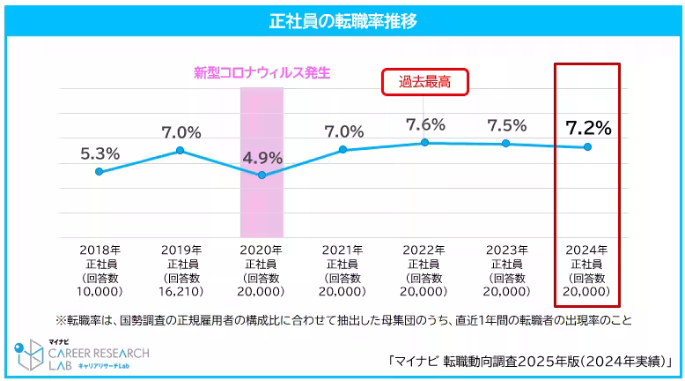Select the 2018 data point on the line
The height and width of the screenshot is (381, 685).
click(x=99, y=171)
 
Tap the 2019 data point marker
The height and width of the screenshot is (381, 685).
click(x=180, y=151)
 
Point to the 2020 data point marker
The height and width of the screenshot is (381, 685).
click(x=261, y=176)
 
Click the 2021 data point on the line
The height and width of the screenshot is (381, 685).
click(x=343, y=150)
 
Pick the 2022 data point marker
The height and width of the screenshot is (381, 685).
click(x=424, y=142)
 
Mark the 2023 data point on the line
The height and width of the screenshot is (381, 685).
click(x=506, y=143)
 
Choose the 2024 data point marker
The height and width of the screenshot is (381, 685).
click(x=587, y=146)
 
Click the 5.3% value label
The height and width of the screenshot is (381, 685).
click(x=99, y=153)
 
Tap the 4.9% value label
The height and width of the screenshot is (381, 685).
click(x=261, y=159)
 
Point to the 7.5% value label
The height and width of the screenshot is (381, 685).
click(x=506, y=125)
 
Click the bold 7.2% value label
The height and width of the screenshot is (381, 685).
click(x=587, y=128)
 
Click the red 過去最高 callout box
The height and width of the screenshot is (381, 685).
click(x=424, y=82)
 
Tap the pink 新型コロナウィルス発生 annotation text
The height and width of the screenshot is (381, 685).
click(x=261, y=73)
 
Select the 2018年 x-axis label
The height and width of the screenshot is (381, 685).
click(x=99, y=250)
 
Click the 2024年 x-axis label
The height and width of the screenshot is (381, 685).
click(x=587, y=250)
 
